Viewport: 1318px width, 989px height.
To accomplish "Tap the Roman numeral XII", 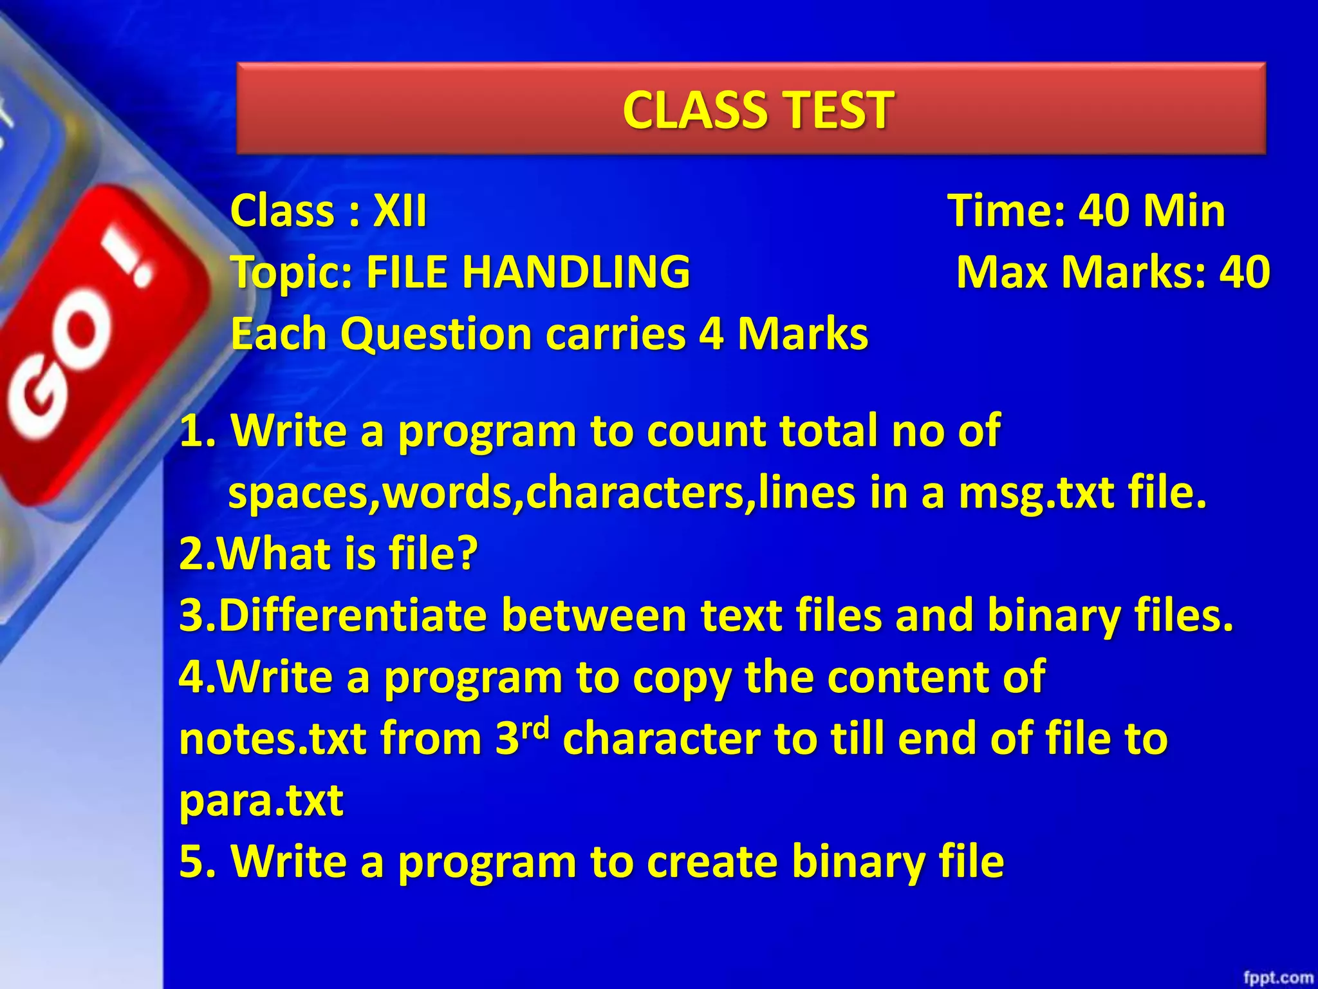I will coord(400,211).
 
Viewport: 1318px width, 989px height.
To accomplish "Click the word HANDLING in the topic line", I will coord(576,272).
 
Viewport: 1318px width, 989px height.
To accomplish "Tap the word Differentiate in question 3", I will coord(353,615).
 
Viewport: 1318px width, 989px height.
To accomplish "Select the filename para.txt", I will coord(261,800).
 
